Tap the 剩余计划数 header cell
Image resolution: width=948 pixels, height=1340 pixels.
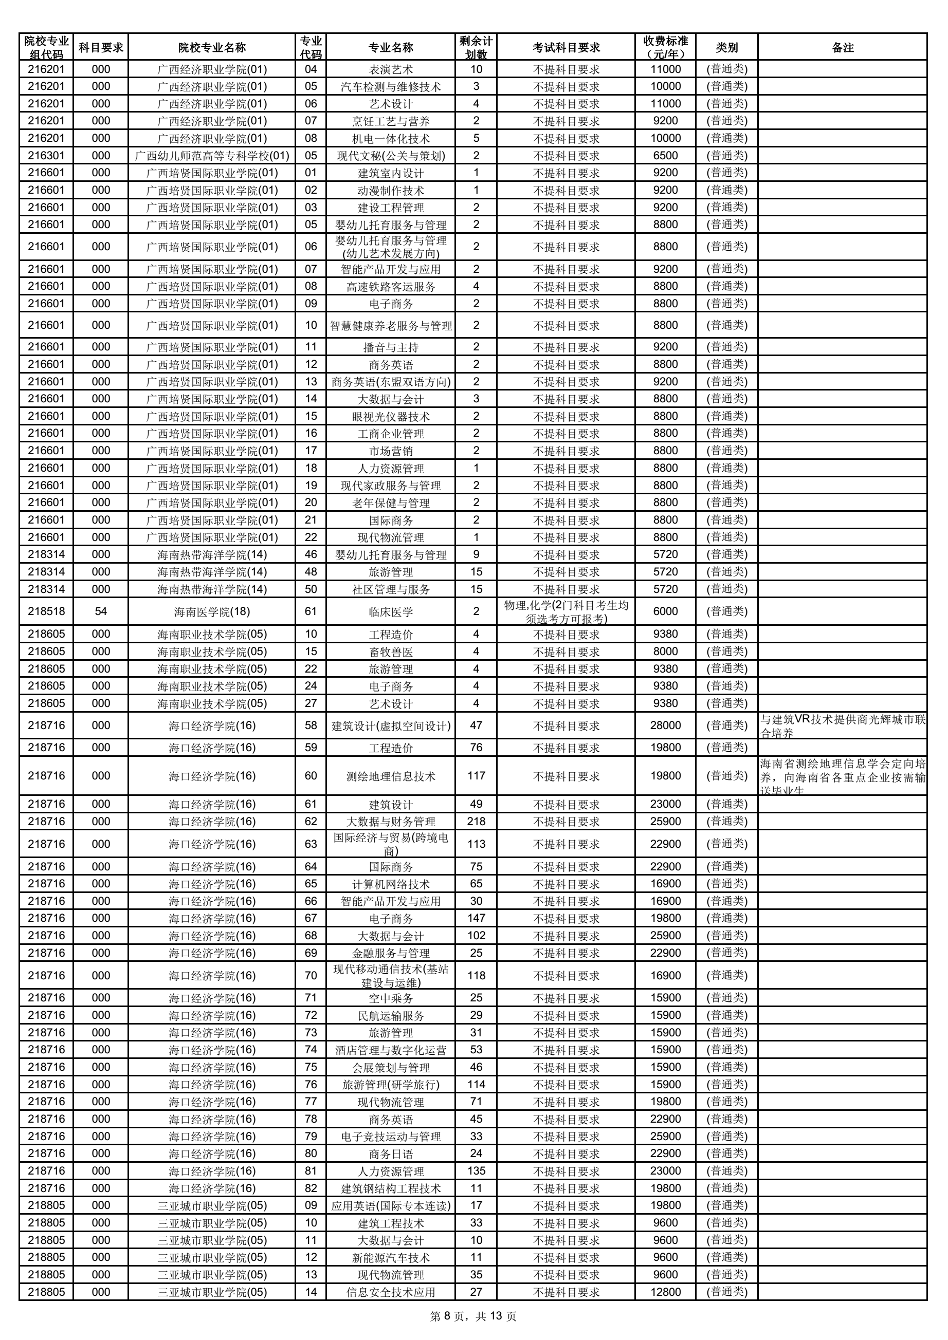[476, 47]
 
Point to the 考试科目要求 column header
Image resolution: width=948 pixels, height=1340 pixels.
[566, 47]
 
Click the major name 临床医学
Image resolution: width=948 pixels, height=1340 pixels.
[391, 611]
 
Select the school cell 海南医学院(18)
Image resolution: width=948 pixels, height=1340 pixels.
[212, 611]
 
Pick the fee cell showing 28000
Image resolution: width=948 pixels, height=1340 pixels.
[665, 725]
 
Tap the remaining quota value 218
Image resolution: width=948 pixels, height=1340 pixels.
[476, 821]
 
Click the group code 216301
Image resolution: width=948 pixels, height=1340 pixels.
[46, 155]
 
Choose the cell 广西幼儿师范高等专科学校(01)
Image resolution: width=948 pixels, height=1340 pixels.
[212, 156]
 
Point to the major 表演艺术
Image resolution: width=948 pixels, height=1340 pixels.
[391, 69]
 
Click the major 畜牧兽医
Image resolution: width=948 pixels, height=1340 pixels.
[391, 652]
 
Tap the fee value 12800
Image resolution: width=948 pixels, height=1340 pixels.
[665, 1292]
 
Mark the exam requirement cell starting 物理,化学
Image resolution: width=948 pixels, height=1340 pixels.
[566, 611]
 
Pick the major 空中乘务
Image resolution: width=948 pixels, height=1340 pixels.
[391, 998]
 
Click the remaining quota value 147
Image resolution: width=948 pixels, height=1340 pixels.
[476, 918]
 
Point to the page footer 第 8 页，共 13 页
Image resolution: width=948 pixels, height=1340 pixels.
[473, 1316]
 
